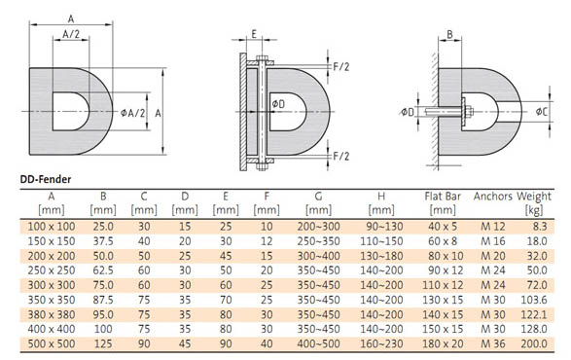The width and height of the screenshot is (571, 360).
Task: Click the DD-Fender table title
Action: click(46, 179)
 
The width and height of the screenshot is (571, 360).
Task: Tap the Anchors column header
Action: click(493, 197)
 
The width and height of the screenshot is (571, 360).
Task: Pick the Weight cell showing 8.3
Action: click(540, 227)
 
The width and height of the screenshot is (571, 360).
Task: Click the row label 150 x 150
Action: click(52, 241)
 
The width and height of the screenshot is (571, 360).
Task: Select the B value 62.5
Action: click(103, 270)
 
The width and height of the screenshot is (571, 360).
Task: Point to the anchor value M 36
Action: click(493, 343)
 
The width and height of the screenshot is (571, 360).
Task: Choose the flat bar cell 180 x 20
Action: click(443, 343)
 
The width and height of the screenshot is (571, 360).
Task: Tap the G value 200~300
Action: click(318, 227)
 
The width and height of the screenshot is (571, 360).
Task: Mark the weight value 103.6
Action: click(534, 300)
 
